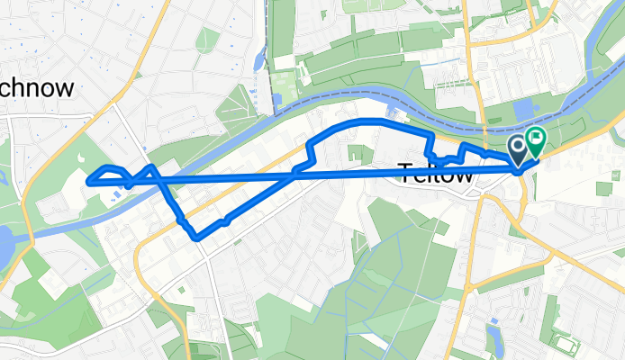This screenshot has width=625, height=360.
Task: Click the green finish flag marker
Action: point(535,142)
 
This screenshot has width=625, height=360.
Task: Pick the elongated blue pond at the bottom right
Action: point(494,337)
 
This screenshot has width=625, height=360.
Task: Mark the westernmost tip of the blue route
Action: point(88,182)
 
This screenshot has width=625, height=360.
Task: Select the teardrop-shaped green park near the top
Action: point(207,39)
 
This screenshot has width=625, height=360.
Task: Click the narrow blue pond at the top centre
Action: point(260,61)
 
